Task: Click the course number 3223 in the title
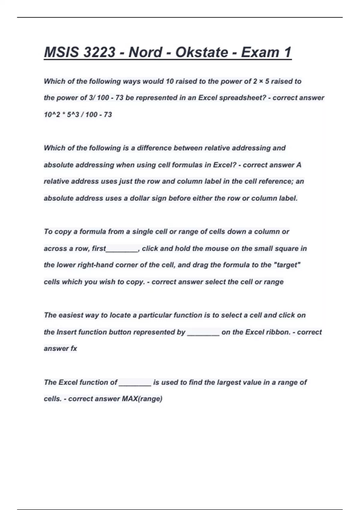point(99,52)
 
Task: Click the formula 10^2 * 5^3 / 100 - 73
point(78,115)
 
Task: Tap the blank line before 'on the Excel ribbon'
point(203,333)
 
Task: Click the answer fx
point(73,349)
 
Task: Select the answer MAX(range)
point(142,399)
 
